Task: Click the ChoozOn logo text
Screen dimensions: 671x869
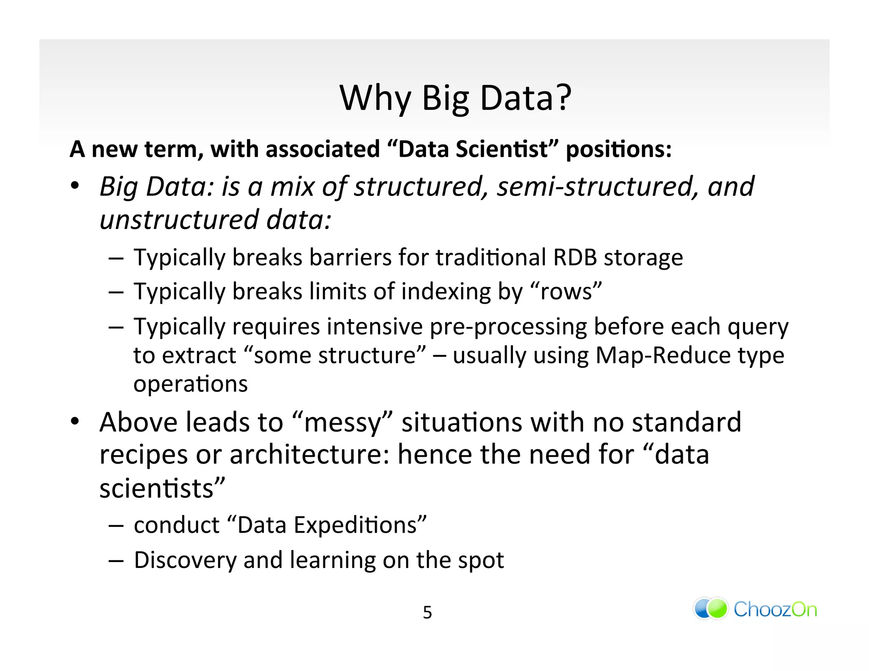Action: pos(775,609)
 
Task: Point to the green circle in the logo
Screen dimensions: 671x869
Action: pos(718,609)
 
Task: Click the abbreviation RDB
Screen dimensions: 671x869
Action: pos(575,257)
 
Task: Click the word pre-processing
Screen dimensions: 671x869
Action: pos(508,327)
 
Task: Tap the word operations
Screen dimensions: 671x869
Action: pos(190,384)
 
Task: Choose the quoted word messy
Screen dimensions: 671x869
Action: pos(342,423)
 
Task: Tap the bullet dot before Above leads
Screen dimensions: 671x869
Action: pos(75,422)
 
